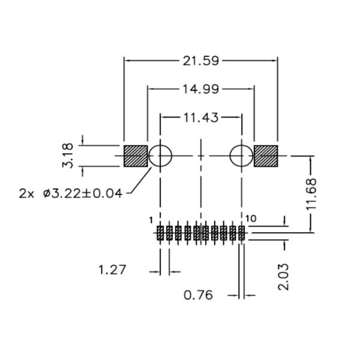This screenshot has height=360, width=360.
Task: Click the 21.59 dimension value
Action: (201, 60)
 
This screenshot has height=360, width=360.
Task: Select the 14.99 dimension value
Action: (201, 89)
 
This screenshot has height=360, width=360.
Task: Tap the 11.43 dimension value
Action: (201, 117)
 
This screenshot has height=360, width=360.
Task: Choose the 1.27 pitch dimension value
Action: (112, 270)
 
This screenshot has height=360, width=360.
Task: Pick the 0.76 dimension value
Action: (199, 295)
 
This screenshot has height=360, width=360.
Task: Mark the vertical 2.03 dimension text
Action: (284, 276)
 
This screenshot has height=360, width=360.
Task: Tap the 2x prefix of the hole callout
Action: (28, 193)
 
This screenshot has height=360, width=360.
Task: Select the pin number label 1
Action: (151, 220)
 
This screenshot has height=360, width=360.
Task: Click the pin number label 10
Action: (251, 219)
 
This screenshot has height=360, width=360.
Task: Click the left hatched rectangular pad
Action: (136, 156)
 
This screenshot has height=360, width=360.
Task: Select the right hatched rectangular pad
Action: (266, 156)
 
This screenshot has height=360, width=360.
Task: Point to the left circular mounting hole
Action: (160, 156)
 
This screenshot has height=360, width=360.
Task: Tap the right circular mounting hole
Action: (241, 156)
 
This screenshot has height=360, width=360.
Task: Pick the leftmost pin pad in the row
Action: (160, 233)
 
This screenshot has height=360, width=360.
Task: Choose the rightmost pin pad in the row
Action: (242, 233)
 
